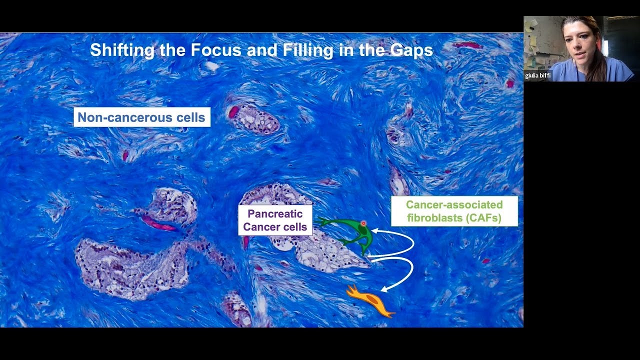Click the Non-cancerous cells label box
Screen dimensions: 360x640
142,117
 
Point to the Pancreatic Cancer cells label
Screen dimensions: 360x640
275,220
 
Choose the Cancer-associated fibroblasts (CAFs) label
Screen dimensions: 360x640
454,211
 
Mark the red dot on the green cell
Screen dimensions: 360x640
363,223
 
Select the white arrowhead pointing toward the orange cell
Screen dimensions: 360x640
384,288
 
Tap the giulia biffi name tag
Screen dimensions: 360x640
538,76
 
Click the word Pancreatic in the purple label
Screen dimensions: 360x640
275,214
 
